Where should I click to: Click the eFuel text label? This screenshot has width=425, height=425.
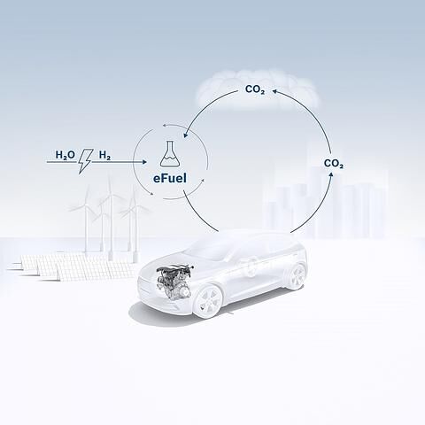pyautogui.click(x=170, y=178)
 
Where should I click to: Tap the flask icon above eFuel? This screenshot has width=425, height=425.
pyautogui.click(x=170, y=153)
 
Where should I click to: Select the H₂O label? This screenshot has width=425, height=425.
pyautogui.click(x=66, y=155)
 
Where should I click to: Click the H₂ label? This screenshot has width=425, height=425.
pyautogui.click(x=104, y=155)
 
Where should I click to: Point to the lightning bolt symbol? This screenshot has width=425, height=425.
pyautogui.click(x=86, y=161)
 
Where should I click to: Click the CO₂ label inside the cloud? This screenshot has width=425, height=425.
pyautogui.click(x=255, y=89)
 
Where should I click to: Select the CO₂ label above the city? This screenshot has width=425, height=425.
pyautogui.click(x=334, y=164)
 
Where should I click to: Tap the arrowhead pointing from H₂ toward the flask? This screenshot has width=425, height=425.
pyautogui.click(x=144, y=162)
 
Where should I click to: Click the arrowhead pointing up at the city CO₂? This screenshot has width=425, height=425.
pyautogui.click(x=331, y=174)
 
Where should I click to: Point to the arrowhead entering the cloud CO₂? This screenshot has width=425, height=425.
pyautogui.click(x=274, y=91)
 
